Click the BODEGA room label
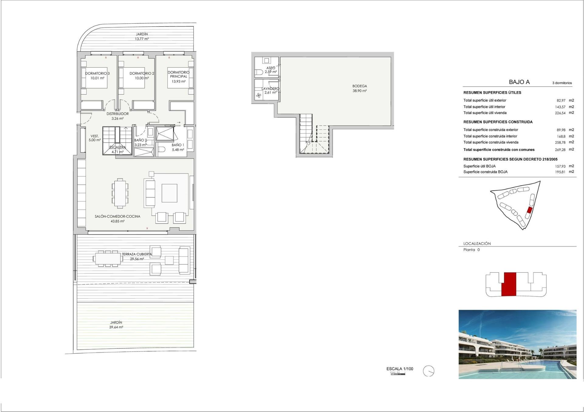point(360,86)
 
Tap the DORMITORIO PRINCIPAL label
point(179,74)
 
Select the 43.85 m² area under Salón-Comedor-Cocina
point(117,221)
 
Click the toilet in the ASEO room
point(259,72)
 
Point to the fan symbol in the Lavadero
point(259,96)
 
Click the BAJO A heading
point(519,82)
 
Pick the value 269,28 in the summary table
point(560,150)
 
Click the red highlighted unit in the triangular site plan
point(529,210)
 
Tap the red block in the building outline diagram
point(509,284)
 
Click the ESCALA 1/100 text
point(400,369)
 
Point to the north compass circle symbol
point(429,371)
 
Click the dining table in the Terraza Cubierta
point(108,259)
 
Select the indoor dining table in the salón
point(120,193)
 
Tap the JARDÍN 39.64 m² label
point(116,325)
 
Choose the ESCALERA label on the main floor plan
point(117,147)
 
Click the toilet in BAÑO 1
point(162,149)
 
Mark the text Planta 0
point(471,250)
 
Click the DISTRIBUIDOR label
point(117,114)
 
